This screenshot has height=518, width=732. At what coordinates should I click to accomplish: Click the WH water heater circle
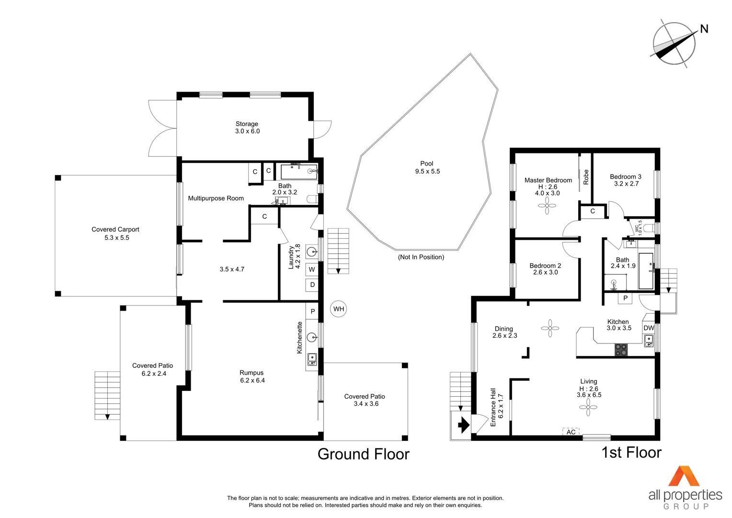(x=339, y=309)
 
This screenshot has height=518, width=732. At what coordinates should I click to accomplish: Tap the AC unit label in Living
(x=571, y=432)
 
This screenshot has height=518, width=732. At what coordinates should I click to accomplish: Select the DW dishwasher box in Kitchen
(x=649, y=328)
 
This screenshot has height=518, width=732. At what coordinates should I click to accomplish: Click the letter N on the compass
(x=704, y=29)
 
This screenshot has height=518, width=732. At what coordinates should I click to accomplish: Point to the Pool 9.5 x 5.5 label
(x=427, y=167)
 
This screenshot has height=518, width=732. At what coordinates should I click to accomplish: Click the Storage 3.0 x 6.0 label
(x=247, y=128)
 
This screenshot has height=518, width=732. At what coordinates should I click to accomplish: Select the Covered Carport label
(x=116, y=233)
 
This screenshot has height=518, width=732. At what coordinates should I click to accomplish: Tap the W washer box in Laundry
(x=312, y=270)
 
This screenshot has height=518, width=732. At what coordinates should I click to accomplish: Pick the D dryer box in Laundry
(x=312, y=285)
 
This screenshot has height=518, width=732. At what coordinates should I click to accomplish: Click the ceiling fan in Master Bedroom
(x=547, y=206)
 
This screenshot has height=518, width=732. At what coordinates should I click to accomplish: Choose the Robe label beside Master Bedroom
(x=585, y=177)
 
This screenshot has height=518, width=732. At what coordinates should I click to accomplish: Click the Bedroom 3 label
(x=626, y=180)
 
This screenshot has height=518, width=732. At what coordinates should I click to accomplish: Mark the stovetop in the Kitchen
(x=621, y=350)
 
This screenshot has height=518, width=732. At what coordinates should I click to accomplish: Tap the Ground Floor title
(x=363, y=454)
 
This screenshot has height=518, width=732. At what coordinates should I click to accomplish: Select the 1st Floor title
(x=631, y=452)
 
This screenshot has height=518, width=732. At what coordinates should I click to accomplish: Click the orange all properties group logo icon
(x=684, y=476)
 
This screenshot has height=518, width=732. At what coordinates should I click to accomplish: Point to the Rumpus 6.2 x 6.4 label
(x=252, y=377)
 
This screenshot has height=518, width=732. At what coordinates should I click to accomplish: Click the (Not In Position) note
(x=421, y=257)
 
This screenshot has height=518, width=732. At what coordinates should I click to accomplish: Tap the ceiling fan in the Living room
(x=588, y=407)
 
